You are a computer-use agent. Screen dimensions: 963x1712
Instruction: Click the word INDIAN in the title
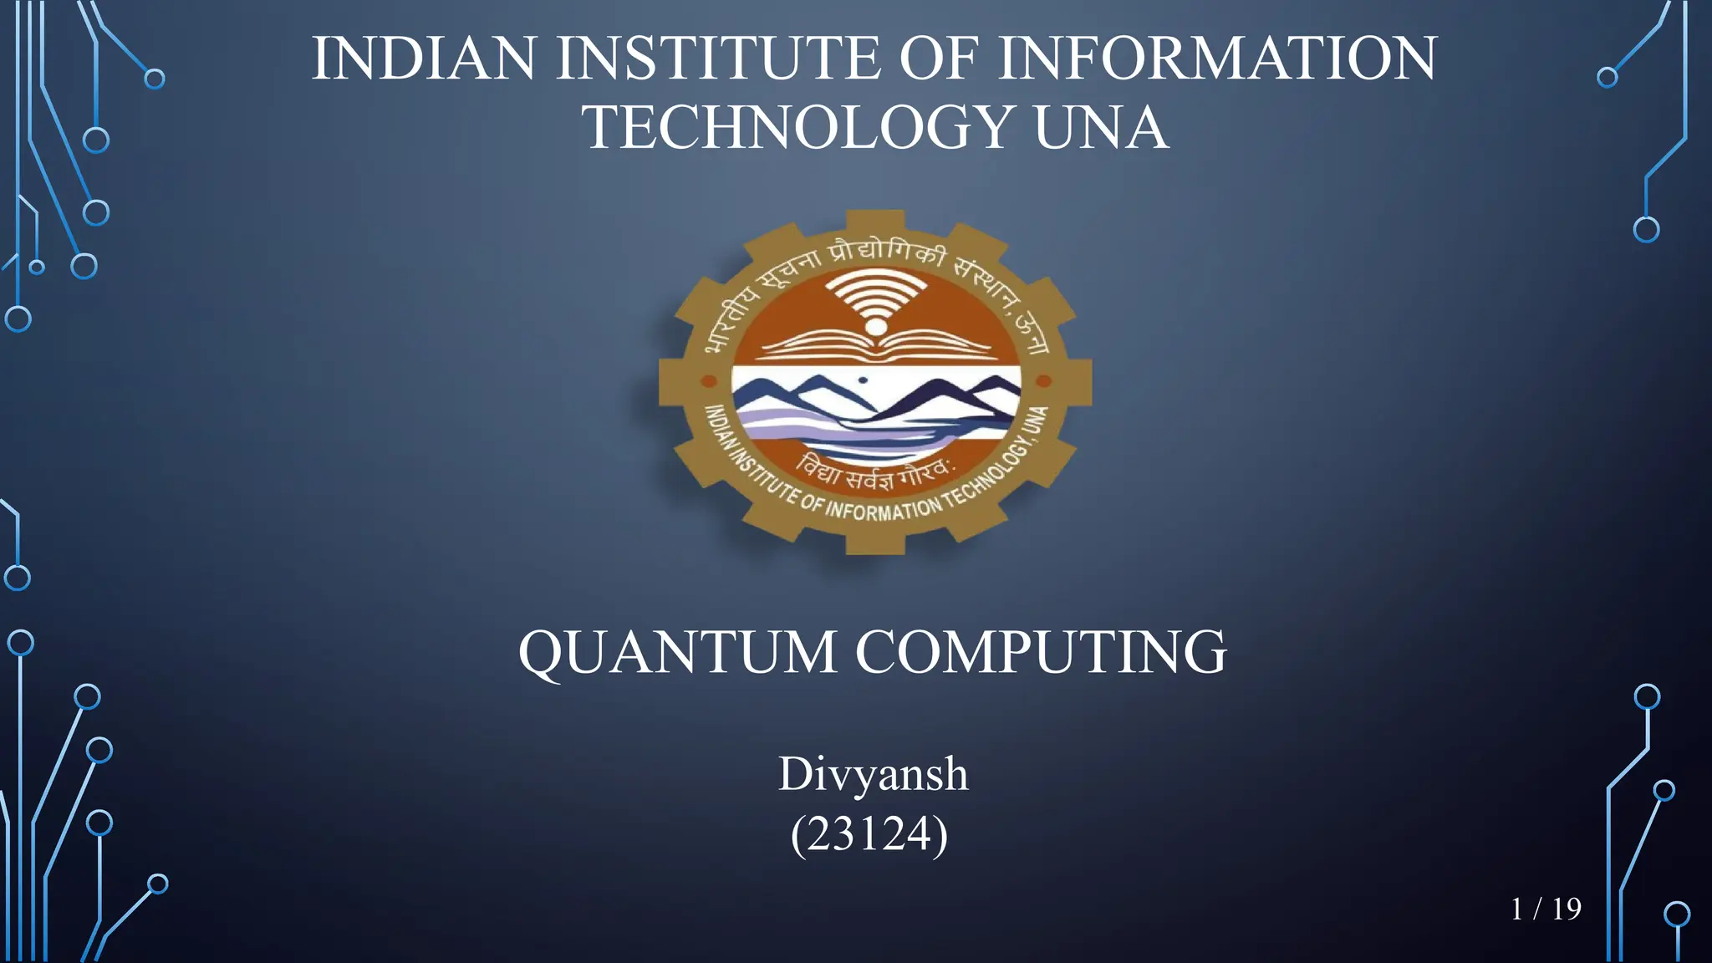coord(424,59)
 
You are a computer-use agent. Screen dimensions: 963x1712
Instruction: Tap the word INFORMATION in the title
coord(1217,59)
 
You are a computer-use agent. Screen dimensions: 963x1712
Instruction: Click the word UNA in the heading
coord(1101,128)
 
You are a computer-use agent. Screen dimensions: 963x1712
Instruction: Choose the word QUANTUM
coord(677,652)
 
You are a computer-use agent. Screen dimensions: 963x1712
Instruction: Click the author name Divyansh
coord(873,773)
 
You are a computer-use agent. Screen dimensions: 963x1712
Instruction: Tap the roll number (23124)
coord(869,833)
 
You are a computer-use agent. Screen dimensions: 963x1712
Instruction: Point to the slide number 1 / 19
coord(1546,909)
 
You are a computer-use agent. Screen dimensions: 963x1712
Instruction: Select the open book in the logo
coord(875,345)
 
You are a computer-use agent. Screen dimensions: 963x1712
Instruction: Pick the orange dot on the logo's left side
coord(709,382)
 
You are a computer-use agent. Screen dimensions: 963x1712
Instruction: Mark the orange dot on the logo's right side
coord(1043,382)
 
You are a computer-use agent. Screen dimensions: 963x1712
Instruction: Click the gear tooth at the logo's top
coord(875,221)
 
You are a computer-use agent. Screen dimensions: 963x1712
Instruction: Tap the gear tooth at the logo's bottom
coord(875,543)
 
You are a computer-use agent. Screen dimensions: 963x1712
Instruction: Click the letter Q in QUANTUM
coord(547,654)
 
